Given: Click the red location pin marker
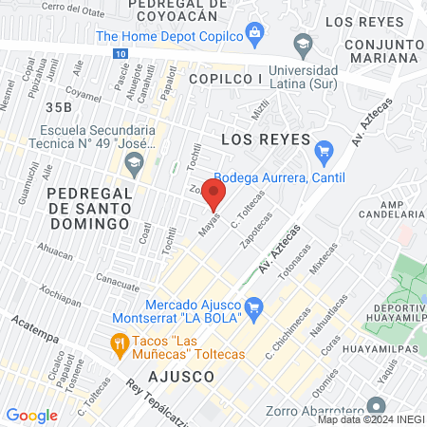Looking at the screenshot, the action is [215, 194].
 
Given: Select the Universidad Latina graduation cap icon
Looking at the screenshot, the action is [303, 44].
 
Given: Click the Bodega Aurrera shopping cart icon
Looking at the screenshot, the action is [325, 150].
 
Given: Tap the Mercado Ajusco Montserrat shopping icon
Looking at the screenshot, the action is [253, 307].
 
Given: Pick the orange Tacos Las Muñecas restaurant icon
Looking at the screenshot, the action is [120, 343].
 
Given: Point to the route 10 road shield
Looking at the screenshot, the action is [118, 55].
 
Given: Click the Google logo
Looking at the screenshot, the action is [31, 415].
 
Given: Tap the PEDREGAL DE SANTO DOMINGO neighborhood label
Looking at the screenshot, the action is [88, 207].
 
